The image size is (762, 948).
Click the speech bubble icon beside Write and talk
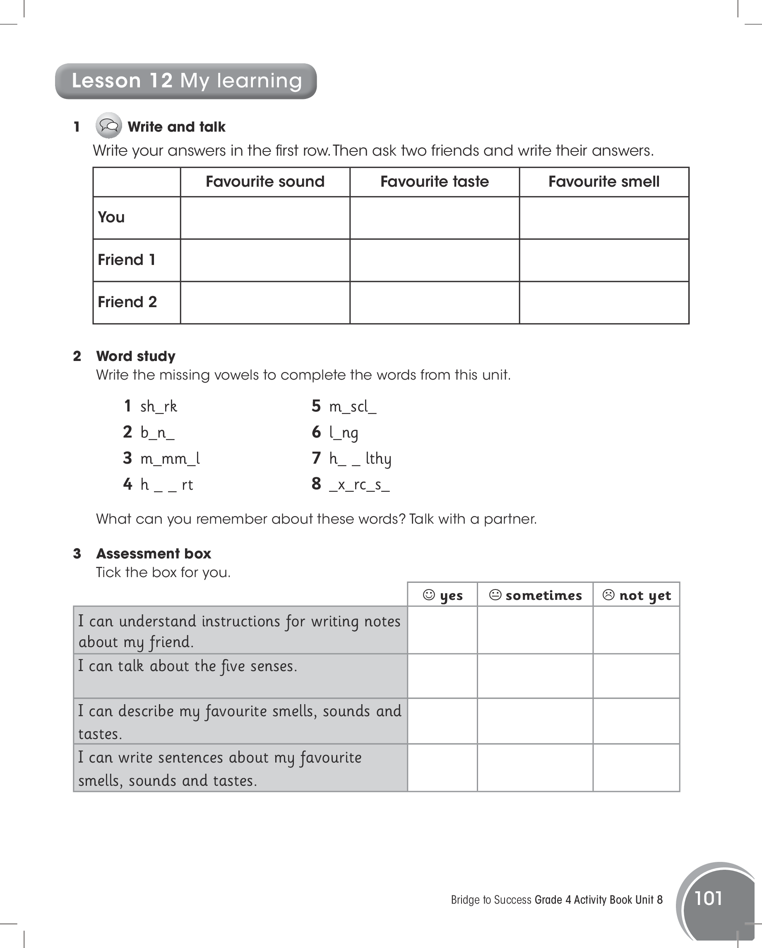[x=108, y=126]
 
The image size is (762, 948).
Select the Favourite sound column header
[x=265, y=182]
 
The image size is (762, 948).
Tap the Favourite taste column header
[x=435, y=182]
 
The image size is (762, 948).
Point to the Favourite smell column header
[x=604, y=182]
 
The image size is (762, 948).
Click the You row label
[x=111, y=217]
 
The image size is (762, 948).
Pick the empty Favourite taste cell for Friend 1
[x=435, y=260]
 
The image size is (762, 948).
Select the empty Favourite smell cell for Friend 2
[x=604, y=303]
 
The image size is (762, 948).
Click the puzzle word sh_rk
[x=158, y=406]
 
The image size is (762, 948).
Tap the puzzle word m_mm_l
[x=170, y=459]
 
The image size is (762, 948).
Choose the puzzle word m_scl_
[x=353, y=406]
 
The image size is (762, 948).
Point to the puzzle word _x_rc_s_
[x=359, y=484]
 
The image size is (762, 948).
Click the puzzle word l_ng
[x=344, y=433]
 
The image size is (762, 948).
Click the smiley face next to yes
[x=429, y=595]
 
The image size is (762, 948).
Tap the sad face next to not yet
[x=608, y=595]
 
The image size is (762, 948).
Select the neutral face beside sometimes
[x=495, y=595]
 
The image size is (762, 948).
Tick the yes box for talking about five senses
[x=442, y=676]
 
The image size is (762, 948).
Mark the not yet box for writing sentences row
[x=636, y=768]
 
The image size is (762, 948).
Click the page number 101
[x=708, y=899]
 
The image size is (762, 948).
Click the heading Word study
[x=135, y=356]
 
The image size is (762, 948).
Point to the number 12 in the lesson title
[x=161, y=81]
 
